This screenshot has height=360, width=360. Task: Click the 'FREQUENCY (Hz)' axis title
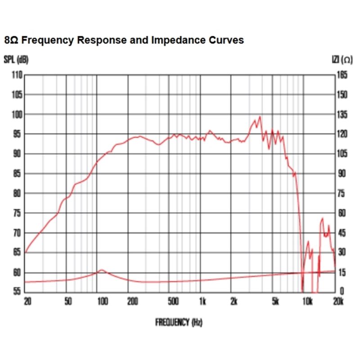click(179, 322)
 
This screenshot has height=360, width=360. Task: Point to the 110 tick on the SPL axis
click(17, 75)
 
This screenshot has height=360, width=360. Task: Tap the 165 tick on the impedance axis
click(342, 75)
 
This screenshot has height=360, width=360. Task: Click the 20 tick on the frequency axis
click(27, 301)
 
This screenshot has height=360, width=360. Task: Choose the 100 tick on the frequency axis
click(102, 301)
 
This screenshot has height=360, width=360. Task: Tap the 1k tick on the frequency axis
click(202, 301)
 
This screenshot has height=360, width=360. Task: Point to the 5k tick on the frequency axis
click(275, 301)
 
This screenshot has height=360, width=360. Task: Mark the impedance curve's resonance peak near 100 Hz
click(102, 270)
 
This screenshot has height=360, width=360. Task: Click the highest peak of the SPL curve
click(260, 117)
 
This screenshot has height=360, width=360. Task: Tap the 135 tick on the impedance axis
click(342, 114)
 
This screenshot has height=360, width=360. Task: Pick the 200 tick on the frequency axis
click(132, 301)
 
